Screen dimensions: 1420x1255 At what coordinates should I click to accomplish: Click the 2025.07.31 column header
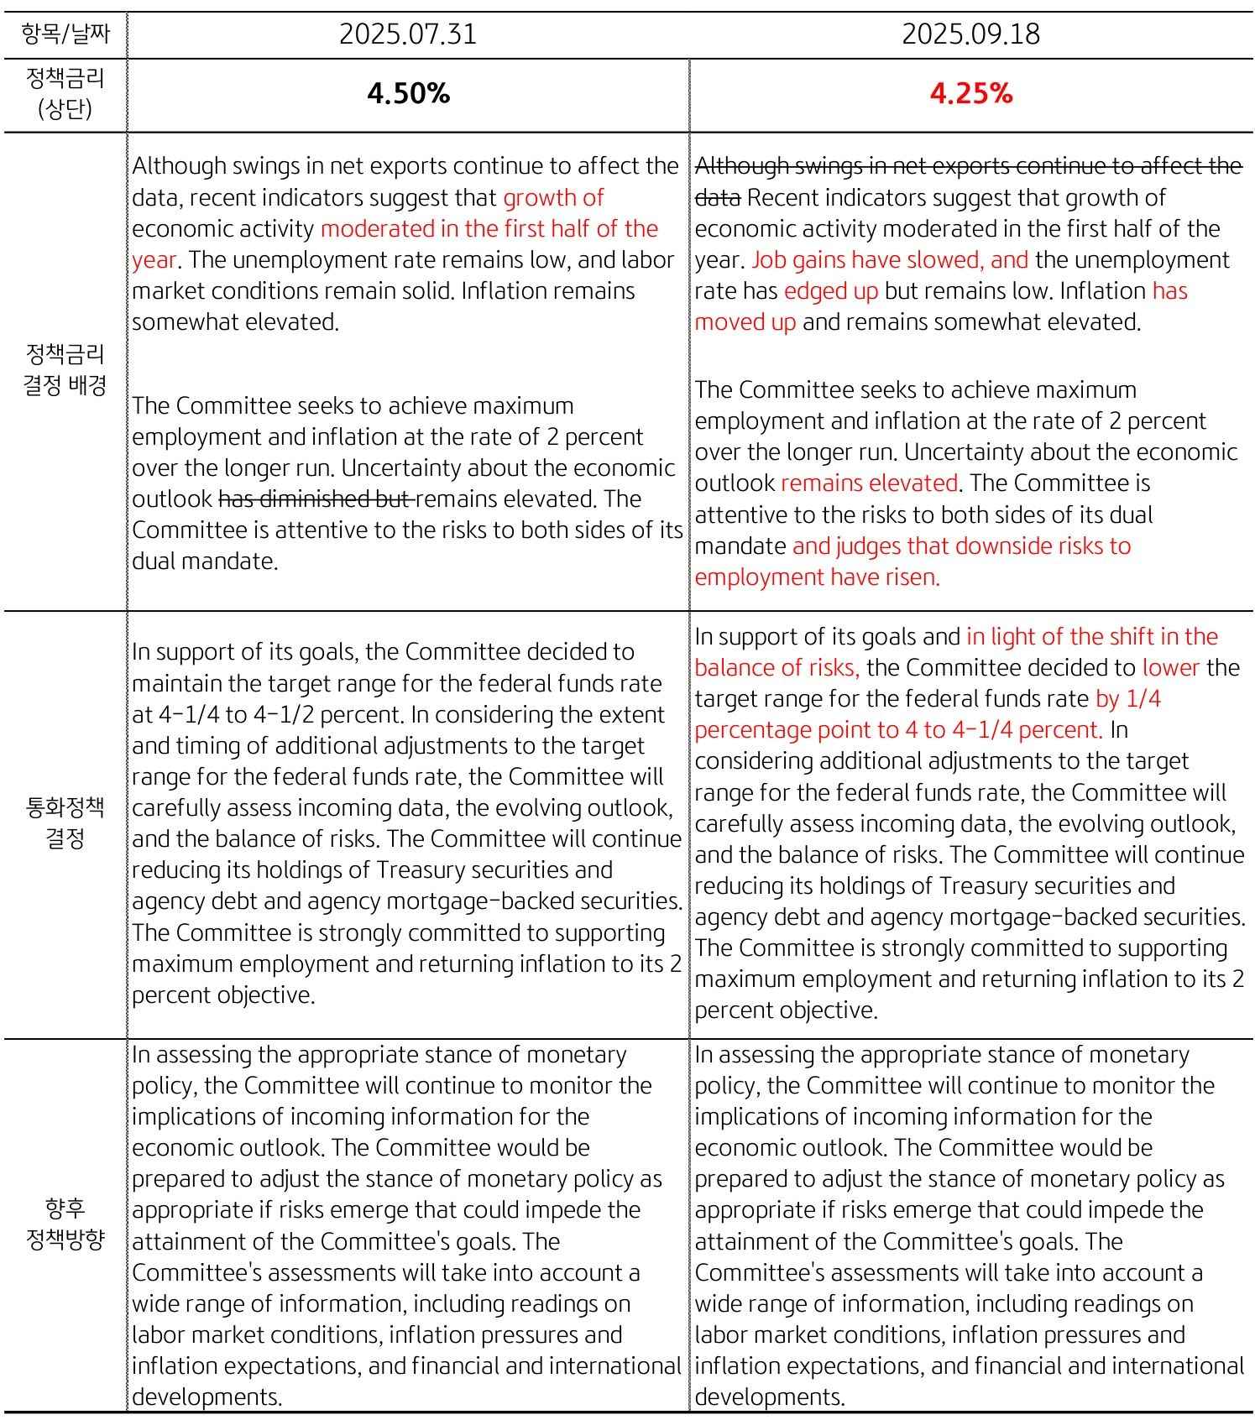click(x=408, y=34)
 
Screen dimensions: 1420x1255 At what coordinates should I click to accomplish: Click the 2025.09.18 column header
click(x=970, y=34)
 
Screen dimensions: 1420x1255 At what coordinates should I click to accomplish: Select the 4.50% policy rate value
click(x=408, y=94)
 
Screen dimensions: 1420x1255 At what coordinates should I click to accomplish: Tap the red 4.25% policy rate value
click(x=970, y=94)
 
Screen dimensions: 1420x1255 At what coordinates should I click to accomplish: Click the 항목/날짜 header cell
click(x=65, y=34)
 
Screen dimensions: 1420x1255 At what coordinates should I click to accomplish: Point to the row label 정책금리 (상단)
click(x=65, y=94)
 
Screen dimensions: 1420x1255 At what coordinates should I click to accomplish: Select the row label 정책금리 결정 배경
click(x=65, y=369)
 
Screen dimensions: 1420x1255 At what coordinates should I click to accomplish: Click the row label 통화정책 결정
click(x=65, y=822)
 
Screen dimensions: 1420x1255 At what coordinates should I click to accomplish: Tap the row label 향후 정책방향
click(x=65, y=1224)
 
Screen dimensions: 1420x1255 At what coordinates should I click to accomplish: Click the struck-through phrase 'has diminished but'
click(x=315, y=499)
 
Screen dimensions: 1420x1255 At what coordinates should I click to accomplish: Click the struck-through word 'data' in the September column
click(x=718, y=198)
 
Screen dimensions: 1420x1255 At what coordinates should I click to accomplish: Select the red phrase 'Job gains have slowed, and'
click(x=890, y=260)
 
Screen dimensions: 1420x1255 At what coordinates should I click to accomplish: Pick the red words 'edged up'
click(x=831, y=291)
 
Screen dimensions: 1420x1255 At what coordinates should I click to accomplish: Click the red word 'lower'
click(x=1171, y=668)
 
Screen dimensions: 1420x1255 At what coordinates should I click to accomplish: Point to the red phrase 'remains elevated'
click(x=869, y=483)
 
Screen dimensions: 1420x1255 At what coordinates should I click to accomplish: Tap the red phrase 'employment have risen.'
click(x=817, y=577)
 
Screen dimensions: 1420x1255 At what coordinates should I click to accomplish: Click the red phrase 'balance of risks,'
click(x=777, y=668)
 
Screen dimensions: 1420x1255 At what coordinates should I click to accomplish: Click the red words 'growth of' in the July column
click(x=553, y=198)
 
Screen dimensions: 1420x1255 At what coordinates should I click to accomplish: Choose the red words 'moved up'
click(x=745, y=322)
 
